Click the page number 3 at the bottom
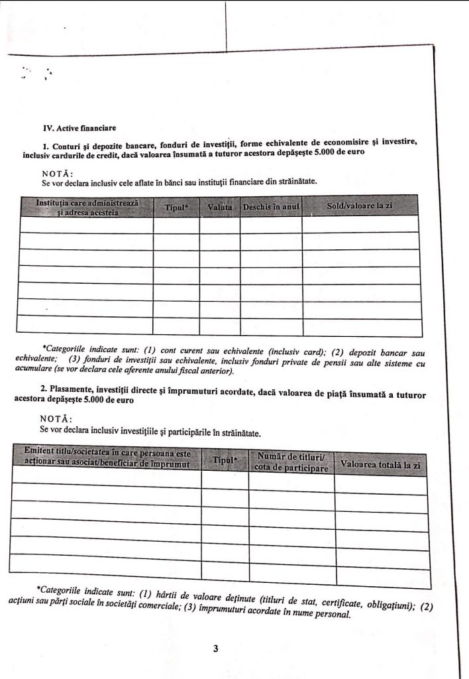tap(216, 648)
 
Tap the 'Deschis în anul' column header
tap(271, 207)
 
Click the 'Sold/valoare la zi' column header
tap(360, 206)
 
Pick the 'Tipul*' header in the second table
tap(225, 460)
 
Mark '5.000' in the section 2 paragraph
tap(66, 401)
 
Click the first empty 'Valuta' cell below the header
tap(219, 224)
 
